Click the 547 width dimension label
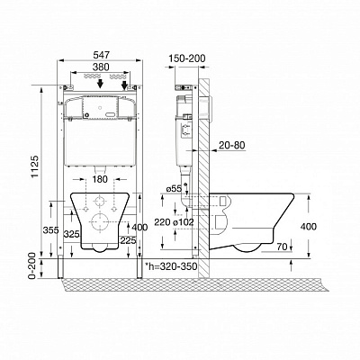(101, 55)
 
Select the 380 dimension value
(101, 67)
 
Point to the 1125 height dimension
(35, 166)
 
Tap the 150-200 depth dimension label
(186, 58)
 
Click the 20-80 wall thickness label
(232, 145)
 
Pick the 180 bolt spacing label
(100, 179)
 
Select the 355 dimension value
(50, 230)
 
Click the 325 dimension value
(72, 234)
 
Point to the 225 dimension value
(129, 240)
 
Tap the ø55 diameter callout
(175, 189)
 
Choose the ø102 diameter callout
(184, 222)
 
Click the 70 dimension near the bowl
(282, 247)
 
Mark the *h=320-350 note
(171, 266)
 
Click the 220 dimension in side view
(162, 222)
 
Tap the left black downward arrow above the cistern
(101, 84)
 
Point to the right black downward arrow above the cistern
(124, 85)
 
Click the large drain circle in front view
(100, 222)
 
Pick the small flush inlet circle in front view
(100, 201)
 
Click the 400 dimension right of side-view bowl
(308, 227)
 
